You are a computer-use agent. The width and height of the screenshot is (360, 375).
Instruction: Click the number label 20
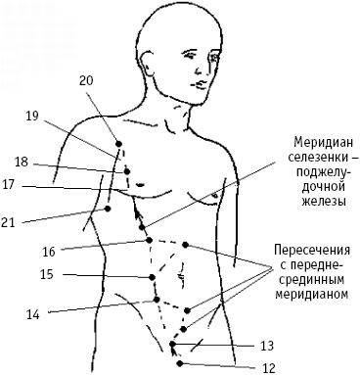pyautogui.click(x=86, y=80)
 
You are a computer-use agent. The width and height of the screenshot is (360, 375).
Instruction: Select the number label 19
pyautogui.click(x=31, y=116)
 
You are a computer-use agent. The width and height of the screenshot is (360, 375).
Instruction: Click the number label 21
pyautogui.click(x=10, y=223)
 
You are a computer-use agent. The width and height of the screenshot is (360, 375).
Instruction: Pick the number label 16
pyautogui.click(x=48, y=251)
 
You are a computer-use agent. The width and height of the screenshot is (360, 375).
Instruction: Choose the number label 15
pyautogui.click(x=46, y=276)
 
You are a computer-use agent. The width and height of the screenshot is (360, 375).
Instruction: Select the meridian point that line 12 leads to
pyautogui.click(x=174, y=358)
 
